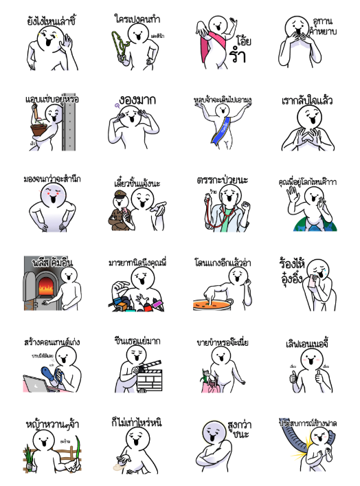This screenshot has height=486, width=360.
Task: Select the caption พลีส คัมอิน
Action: [x=52, y=262]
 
